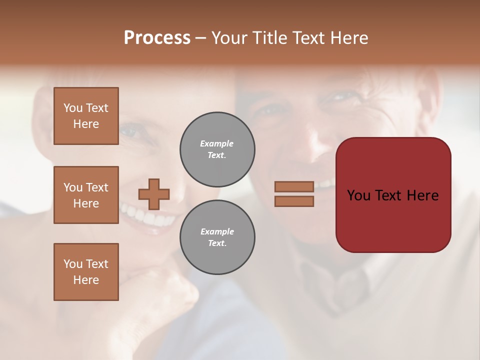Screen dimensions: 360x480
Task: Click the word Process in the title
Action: [x=157, y=38]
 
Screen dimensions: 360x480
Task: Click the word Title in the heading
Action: [x=267, y=38]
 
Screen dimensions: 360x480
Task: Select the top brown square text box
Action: [x=86, y=116]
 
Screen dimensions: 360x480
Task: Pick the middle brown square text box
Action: [x=86, y=195]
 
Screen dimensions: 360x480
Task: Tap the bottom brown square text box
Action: [x=86, y=272]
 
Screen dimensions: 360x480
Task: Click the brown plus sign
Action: [x=154, y=194]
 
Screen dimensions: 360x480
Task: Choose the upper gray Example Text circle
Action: [x=217, y=149]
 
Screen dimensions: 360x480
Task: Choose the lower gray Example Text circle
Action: [x=217, y=237]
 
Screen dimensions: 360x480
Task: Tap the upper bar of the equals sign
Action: [x=294, y=186]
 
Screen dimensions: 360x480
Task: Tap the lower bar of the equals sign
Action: [x=294, y=201]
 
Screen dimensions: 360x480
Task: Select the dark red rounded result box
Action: [x=393, y=195]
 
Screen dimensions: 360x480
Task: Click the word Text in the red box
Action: [x=392, y=195]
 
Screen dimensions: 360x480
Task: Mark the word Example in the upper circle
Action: [x=217, y=143]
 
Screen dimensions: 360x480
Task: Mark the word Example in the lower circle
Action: [x=217, y=231]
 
